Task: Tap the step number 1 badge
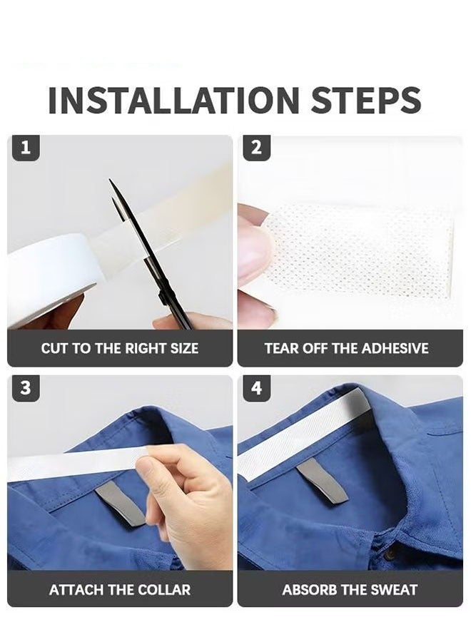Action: point(26,148)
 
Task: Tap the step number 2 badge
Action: point(257,148)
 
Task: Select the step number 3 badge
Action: point(26,389)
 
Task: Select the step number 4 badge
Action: point(257,389)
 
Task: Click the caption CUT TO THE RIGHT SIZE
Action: point(120,349)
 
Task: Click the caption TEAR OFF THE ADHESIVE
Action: point(346,349)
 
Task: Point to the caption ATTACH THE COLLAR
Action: point(120,590)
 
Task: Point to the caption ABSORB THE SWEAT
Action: point(350,590)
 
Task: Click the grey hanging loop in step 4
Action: point(321,480)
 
